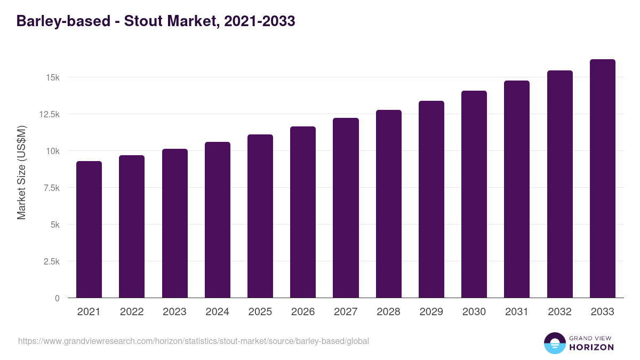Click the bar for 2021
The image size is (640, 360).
click(89, 229)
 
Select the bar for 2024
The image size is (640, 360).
click(217, 220)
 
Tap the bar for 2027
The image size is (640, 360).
click(346, 208)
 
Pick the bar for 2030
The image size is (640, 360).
click(474, 194)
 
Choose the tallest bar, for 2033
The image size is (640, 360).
click(602, 179)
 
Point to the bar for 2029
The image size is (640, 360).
click(431, 199)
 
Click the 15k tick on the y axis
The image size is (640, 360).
click(52, 78)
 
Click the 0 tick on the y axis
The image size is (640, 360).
click(57, 298)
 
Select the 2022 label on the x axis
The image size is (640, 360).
click(132, 312)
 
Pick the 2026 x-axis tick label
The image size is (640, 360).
click(303, 312)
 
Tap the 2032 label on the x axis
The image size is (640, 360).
click(559, 312)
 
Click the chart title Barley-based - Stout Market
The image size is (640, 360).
click(156, 21)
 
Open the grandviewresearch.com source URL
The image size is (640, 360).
click(194, 341)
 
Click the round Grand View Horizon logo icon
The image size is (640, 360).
click(555, 343)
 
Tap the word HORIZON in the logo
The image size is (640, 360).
click(591, 347)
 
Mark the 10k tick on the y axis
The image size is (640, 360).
click(52, 151)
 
